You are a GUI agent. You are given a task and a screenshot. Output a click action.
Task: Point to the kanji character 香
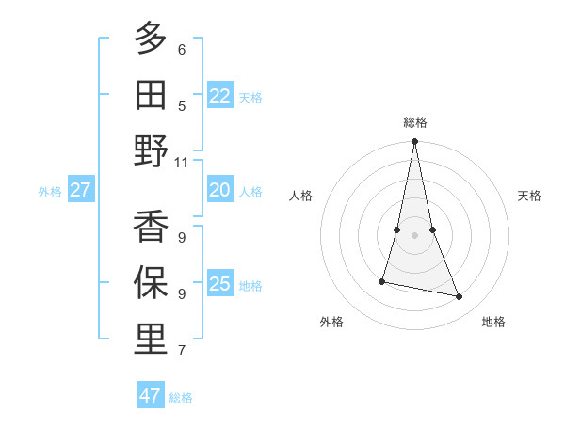coord(151,226)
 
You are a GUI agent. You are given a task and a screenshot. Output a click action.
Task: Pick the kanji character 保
coord(151,282)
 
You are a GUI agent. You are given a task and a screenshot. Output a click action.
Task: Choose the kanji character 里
coord(151,339)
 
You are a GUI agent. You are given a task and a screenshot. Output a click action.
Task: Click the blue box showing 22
coord(219,96)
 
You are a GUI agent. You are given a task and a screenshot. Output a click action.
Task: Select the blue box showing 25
coord(219,285)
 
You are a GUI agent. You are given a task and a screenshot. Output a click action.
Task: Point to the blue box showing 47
coord(151,396)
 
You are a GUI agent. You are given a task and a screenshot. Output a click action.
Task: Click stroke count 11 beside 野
coord(181,163)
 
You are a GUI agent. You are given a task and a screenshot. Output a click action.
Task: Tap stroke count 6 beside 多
coord(181,50)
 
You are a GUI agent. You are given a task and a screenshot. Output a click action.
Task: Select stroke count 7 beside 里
coord(181,352)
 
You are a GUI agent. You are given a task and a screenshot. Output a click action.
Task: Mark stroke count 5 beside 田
coord(181,106)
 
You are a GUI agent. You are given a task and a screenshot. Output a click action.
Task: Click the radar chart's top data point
coord(414,142)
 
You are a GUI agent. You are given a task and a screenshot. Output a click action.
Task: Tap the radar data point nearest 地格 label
coord(460,296)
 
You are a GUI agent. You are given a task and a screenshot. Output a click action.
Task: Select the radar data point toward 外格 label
coord(382,281)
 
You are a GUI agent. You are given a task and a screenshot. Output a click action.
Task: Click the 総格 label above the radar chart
coord(414,122)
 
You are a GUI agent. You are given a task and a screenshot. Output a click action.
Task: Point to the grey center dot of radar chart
coord(414,234)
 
